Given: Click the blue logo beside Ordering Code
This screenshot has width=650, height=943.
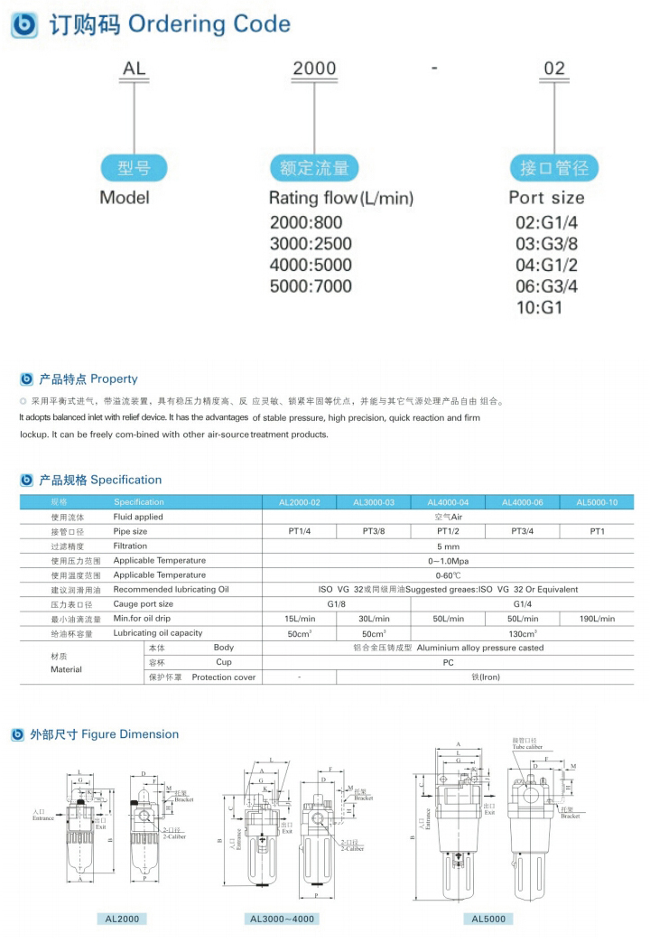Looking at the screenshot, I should click(x=24, y=24).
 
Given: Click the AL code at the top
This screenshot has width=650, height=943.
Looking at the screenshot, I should click(x=134, y=69).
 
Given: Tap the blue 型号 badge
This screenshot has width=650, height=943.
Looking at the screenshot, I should click(x=134, y=168).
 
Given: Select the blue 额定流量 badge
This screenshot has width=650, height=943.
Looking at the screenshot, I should click(x=313, y=168).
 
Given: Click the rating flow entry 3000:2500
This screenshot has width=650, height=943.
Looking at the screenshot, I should click(x=311, y=244).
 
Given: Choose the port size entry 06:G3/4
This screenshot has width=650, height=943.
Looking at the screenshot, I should click(x=546, y=286).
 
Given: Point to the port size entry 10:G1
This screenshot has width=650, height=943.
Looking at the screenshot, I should click(x=539, y=308).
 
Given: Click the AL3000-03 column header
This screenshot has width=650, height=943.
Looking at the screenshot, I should click(x=374, y=502).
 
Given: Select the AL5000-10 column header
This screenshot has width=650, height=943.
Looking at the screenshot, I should click(x=597, y=502).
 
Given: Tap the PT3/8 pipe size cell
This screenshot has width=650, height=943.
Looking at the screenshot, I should click(x=374, y=532).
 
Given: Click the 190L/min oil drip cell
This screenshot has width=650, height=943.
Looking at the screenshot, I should click(x=597, y=619).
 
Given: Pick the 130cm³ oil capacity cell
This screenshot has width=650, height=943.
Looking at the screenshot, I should click(x=522, y=633).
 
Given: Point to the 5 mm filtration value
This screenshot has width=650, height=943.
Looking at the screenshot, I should click(x=448, y=546).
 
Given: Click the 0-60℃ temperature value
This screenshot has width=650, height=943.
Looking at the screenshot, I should click(x=448, y=575).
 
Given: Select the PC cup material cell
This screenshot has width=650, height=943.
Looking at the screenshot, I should click(x=448, y=662).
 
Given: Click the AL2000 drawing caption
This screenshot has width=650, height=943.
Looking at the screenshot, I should click(x=122, y=919).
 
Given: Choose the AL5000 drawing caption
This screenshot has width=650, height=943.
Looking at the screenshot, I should click(x=488, y=919).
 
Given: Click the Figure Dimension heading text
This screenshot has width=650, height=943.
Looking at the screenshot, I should click(x=132, y=734).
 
